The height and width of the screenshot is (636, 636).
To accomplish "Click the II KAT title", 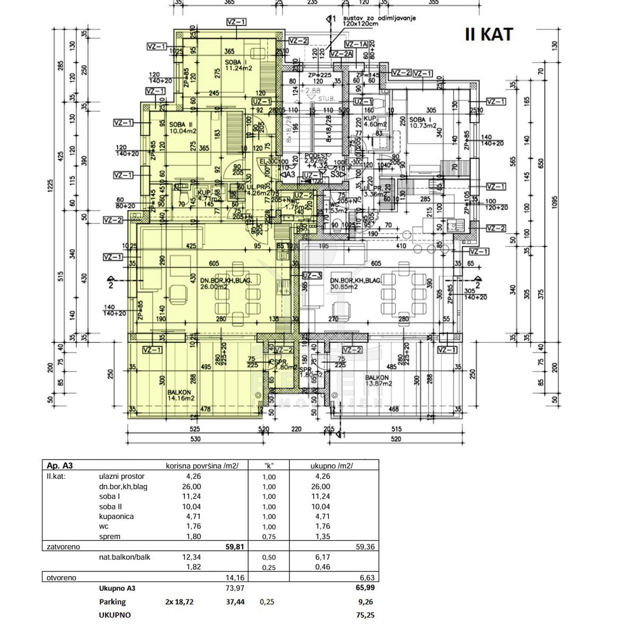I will (489, 34).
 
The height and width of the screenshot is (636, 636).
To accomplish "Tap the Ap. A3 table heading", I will (59, 466).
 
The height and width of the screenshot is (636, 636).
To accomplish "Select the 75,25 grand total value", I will (365, 615).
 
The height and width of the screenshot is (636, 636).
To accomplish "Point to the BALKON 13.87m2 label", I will (377, 380).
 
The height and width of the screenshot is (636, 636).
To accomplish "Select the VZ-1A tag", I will (356, 45).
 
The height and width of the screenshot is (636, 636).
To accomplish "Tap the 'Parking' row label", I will (112, 602).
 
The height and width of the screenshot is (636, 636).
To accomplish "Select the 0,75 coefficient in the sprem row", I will (269, 536).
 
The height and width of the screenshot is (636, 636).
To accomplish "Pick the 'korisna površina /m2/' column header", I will (202, 466).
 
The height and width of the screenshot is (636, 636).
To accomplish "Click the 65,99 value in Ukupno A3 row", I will (365, 588).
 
